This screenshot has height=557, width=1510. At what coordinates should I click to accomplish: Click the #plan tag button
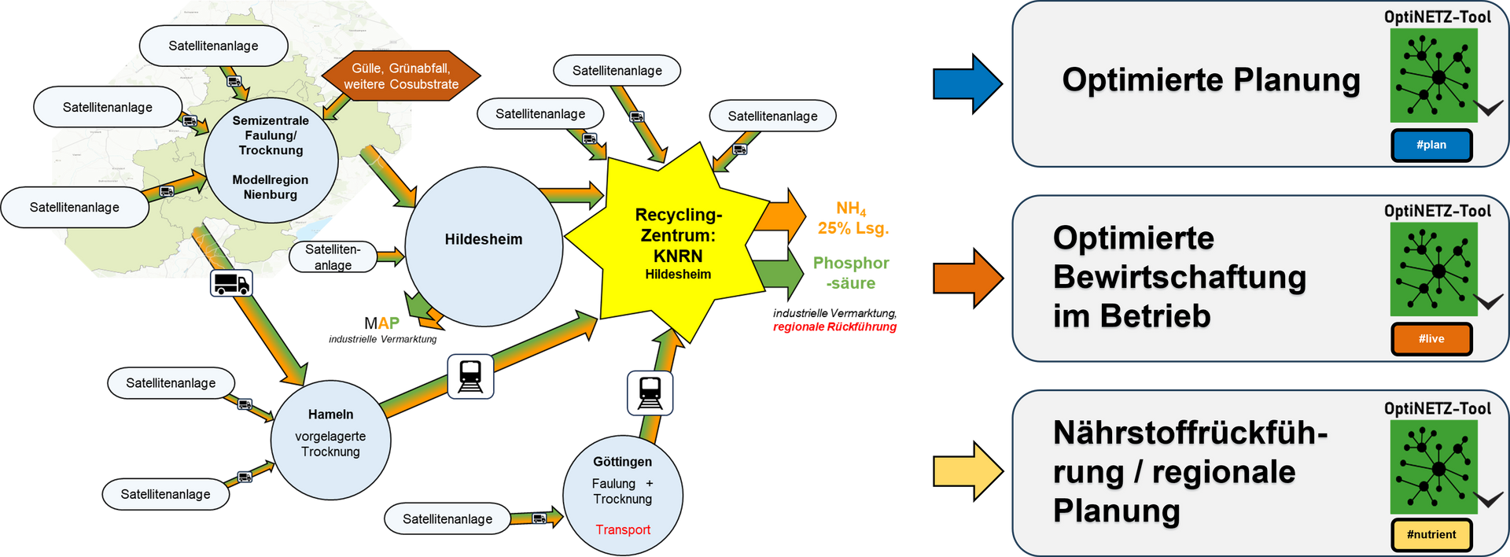[x=1431, y=146]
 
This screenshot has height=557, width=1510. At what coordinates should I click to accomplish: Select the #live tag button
[x=1431, y=339]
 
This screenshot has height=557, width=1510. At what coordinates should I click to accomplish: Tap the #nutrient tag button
[x=1431, y=535]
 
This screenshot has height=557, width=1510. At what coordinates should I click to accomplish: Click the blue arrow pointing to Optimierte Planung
[x=967, y=83]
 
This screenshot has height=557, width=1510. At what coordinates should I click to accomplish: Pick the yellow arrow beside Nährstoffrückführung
[x=967, y=471]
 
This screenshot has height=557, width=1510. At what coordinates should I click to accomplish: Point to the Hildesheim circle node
[x=484, y=245]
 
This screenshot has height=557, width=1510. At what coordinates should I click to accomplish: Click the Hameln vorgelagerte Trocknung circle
[x=330, y=441]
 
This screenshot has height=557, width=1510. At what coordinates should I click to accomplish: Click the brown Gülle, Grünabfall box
[x=401, y=76]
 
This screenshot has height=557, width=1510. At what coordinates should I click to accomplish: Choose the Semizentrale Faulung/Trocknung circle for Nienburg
[x=271, y=160]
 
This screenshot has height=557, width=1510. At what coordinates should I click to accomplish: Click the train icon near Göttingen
[x=650, y=393]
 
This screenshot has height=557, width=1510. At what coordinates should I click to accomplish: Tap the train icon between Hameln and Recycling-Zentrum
[x=470, y=376]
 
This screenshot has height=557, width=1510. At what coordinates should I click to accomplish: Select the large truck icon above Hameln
[x=231, y=283]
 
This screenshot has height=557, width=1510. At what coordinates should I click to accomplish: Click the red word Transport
[x=623, y=529]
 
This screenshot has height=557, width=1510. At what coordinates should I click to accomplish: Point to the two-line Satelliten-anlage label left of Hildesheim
[x=333, y=256]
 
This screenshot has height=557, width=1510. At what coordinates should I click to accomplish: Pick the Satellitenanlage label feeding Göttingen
[x=447, y=518]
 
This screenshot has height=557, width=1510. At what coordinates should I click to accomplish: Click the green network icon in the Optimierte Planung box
[x=1433, y=76]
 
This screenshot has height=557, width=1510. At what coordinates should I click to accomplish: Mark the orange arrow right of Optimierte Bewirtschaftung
[x=967, y=278]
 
